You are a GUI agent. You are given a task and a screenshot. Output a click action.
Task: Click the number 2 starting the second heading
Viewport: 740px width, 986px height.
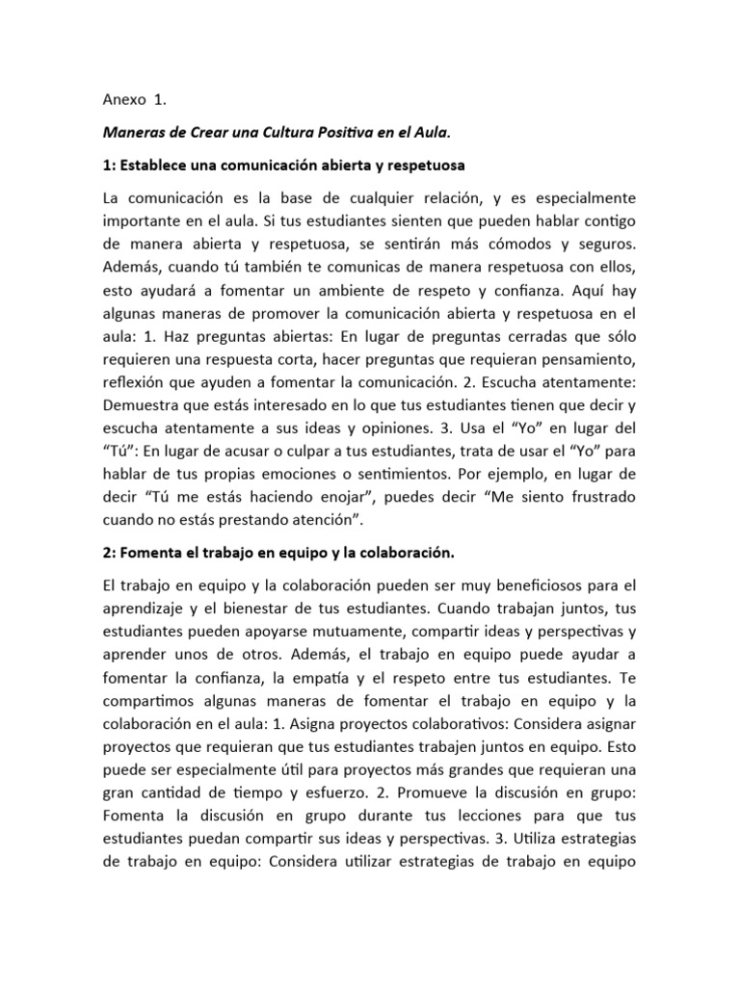[x=105, y=554]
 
